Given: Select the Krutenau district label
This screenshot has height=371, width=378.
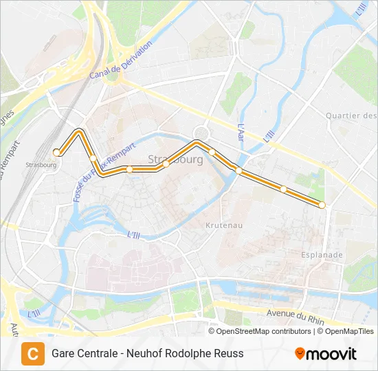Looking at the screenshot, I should [x=223, y=225].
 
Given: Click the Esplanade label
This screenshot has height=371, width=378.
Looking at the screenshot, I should [x=322, y=255].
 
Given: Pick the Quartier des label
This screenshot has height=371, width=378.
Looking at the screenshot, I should [x=351, y=116].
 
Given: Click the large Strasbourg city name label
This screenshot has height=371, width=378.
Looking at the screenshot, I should [x=175, y=159].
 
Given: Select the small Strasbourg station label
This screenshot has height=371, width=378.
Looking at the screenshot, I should [x=41, y=165].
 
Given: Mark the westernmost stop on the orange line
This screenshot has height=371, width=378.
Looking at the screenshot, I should [x=56, y=152].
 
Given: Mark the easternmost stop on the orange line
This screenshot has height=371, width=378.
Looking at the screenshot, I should [x=322, y=205].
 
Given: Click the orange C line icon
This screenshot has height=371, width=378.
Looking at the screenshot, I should [x=32, y=353].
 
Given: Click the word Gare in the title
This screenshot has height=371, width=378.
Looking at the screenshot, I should [x=64, y=354].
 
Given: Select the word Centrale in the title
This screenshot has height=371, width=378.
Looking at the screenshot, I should [x=102, y=354].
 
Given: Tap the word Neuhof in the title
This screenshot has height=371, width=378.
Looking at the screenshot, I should [x=151, y=354].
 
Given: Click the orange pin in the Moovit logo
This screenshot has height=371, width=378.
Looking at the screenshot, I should [x=300, y=353].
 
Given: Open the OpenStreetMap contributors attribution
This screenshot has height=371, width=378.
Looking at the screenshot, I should [x=264, y=331].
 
